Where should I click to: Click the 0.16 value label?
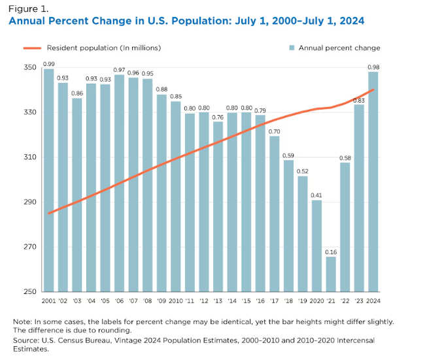331,252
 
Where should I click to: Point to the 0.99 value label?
48,63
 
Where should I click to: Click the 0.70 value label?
274,131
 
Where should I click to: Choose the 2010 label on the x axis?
175,300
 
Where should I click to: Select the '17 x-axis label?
274,300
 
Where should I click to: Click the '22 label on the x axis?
345,300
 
